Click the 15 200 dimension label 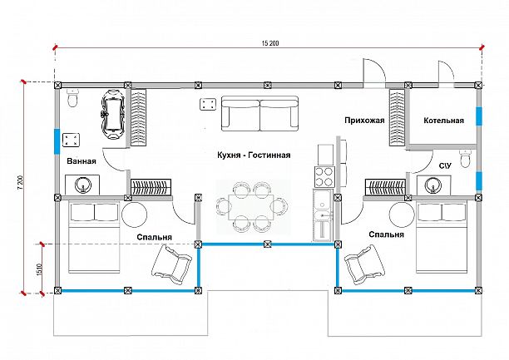point(270,43)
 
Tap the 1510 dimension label point(40,269)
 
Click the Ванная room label point(82,161)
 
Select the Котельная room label point(444,121)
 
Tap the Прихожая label point(364,121)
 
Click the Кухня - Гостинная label point(254,155)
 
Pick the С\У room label point(445,166)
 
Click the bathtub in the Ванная point(112,114)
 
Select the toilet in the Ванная point(72,97)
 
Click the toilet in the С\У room point(465,159)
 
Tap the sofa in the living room point(259,113)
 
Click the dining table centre point(251,206)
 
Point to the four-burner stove point(324,176)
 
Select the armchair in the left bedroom point(171,264)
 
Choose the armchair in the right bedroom point(364,264)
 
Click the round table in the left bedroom point(135,215)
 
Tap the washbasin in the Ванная point(83,185)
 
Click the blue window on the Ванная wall point(57,141)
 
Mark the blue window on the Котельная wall point(479,116)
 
